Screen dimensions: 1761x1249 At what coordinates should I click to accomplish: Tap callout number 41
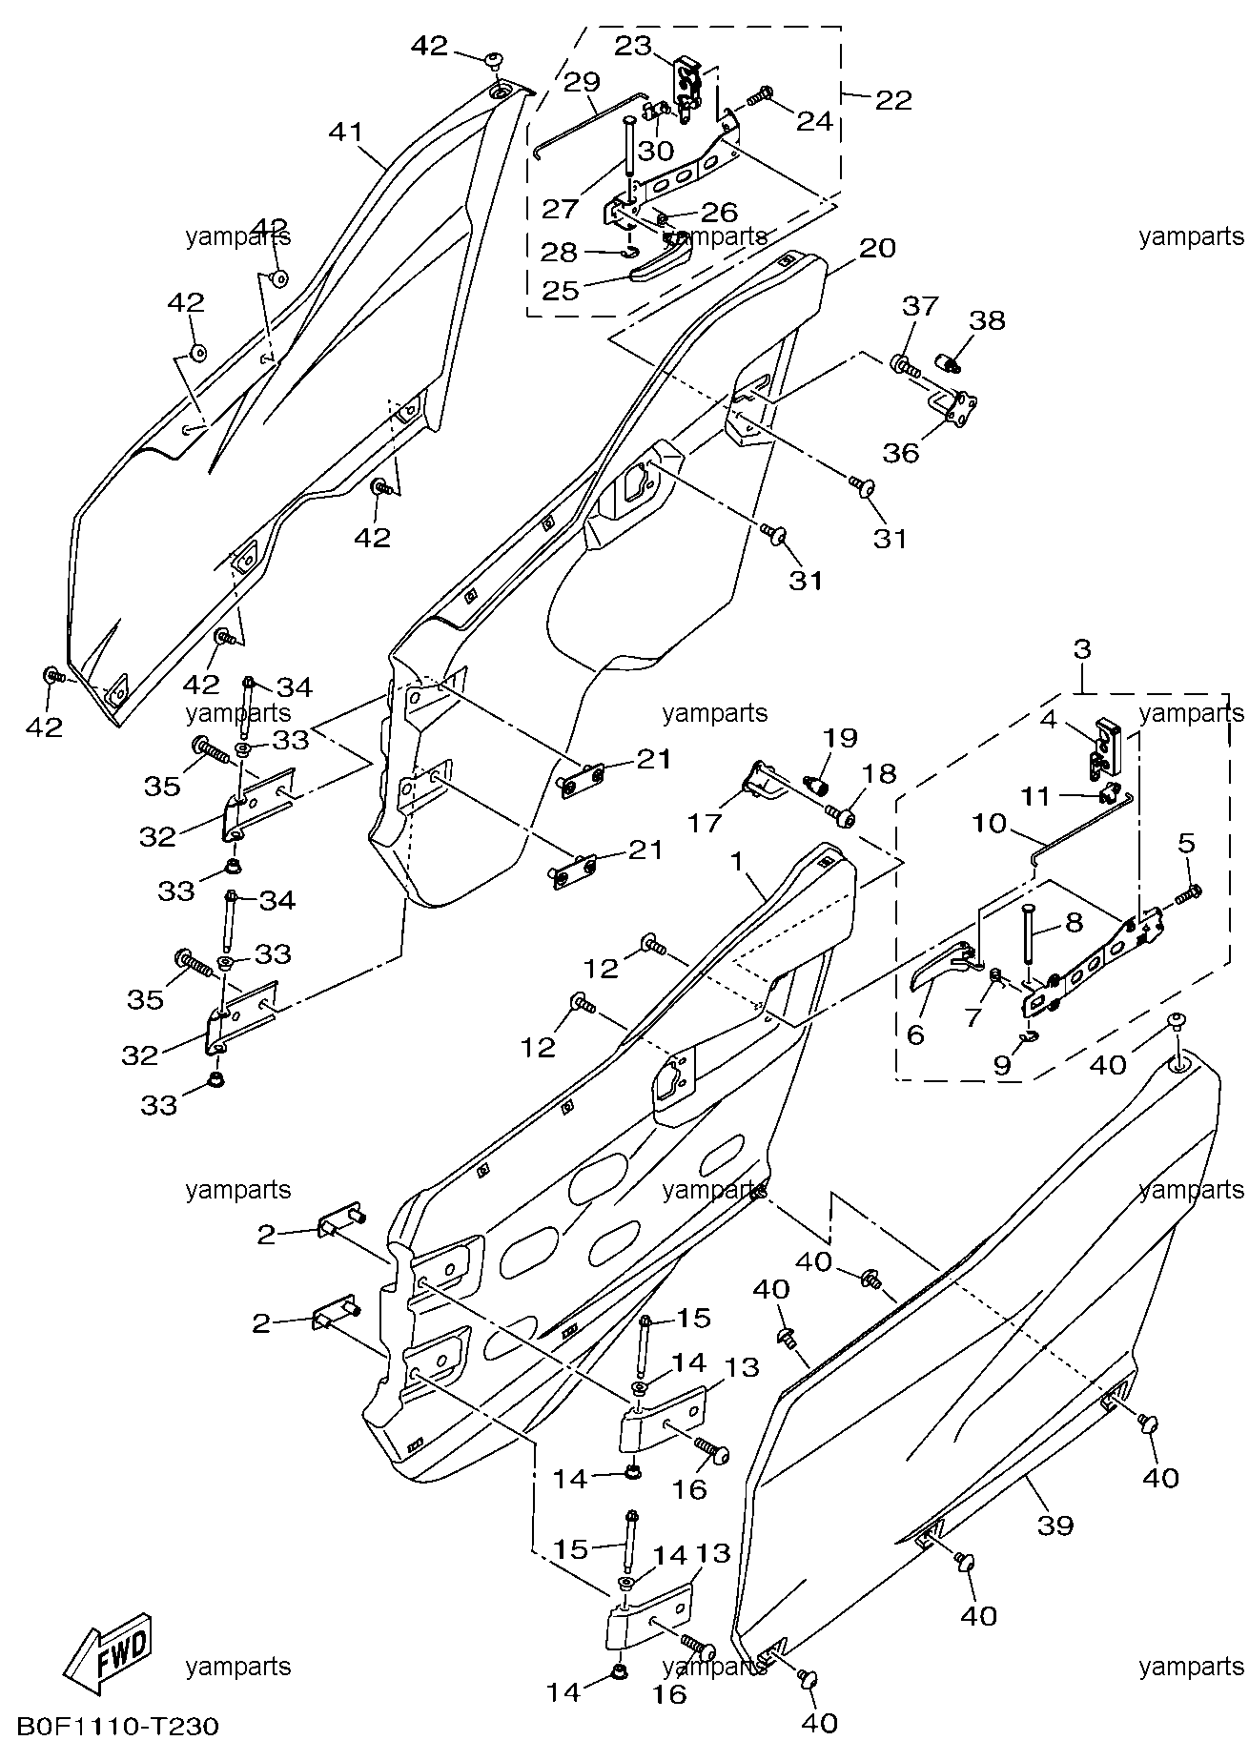(x=347, y=132)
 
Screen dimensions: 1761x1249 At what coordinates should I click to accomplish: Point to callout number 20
(x=877, y=249)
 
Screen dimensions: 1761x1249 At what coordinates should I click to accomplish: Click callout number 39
(x=1054, y=1525)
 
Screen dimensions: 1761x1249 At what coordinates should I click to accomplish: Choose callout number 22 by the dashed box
(x=893, y=99)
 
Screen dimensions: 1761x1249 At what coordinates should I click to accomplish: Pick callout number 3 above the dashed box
(x=1082, y=650)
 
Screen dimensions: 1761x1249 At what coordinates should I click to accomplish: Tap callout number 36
(x=901, y=452)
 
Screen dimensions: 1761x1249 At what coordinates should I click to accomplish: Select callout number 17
(x=706, y=821)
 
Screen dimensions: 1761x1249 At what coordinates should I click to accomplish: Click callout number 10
(x=991, y=822)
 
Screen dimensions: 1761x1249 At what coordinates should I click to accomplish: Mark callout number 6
(x=915, y=1034)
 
